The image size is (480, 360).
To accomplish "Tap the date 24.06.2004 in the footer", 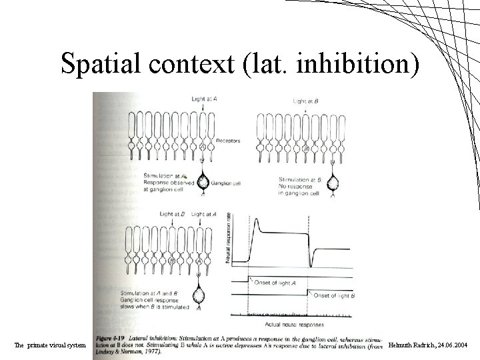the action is coord(453,345).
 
